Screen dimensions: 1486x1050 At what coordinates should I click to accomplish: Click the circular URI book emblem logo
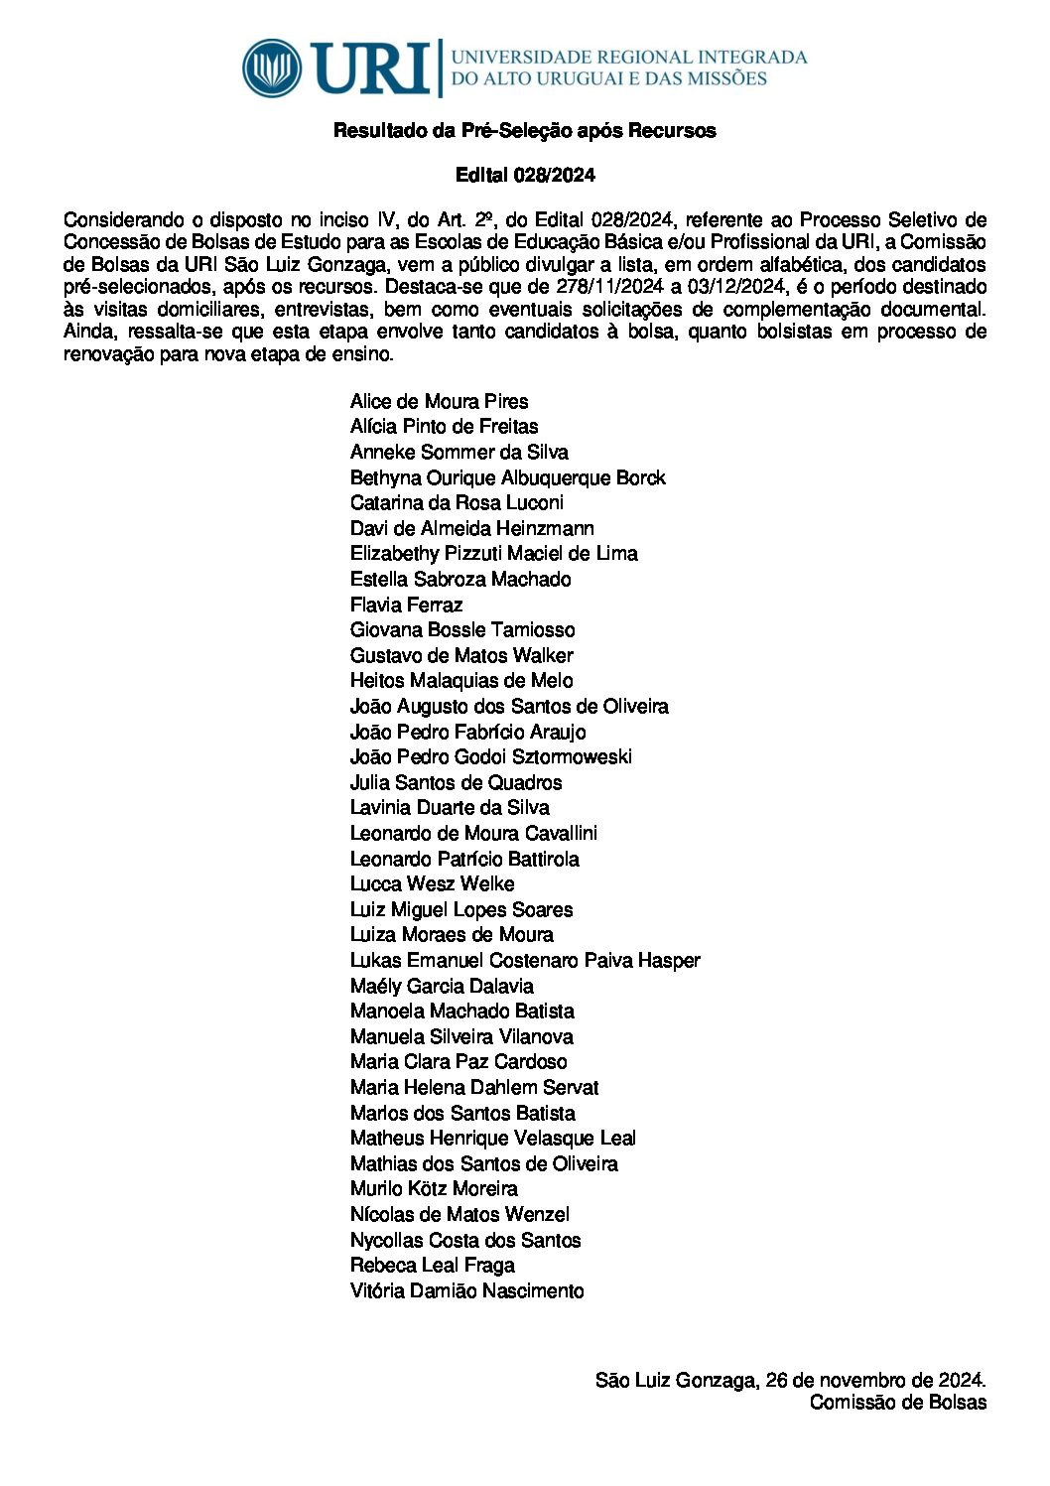(x=272, y=68)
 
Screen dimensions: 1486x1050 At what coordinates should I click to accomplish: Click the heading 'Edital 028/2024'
(x=525, y=176)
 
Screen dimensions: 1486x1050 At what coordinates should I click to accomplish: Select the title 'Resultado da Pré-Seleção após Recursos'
(x=524, y=131)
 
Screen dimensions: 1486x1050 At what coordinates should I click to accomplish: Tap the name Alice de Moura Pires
(x=439, y=402)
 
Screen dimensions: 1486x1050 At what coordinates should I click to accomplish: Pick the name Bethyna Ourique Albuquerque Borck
(x=507, y=477)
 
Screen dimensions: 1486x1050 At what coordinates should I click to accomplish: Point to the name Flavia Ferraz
(x=406, y=605)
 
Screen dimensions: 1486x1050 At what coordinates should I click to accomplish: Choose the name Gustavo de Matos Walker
(x=461, y=655)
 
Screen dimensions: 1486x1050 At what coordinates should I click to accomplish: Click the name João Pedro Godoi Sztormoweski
(x=490, y=756)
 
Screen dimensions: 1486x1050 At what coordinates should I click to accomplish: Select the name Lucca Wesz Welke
(x=432, y=883)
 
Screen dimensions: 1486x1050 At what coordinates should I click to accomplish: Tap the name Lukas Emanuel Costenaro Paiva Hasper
(x=525, y=960)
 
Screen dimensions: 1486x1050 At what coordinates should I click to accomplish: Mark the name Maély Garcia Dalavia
(x=442, y=986)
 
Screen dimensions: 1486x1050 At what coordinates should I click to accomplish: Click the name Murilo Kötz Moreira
(x=434, y=1188)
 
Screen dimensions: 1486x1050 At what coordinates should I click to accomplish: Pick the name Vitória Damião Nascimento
(x=466, y=1290)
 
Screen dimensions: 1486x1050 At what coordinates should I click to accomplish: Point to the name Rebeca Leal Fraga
(x=432, y=1265)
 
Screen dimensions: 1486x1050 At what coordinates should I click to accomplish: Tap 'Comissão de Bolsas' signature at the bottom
(x=897, y=1403)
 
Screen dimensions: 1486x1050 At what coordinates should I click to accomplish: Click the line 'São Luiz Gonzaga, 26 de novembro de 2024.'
(x=790, y=1380)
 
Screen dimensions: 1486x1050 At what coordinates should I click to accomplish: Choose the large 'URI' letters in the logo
(x=369, y=68)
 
